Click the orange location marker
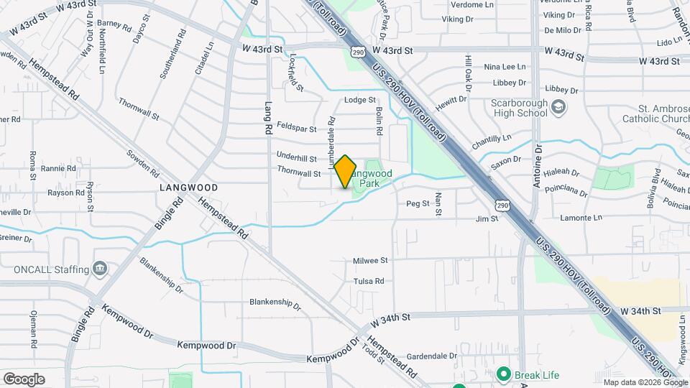click(345, 172)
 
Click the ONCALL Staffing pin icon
click(100, 269)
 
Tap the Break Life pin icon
click(504, 374)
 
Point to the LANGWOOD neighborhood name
click(188, 187)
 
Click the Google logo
click(24, 379)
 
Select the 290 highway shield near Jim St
click(502, 205)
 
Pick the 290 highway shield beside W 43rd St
click(358, 52)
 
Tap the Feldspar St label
click(296, 129)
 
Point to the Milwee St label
click(370, 261)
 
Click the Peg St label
click(418, 204)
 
